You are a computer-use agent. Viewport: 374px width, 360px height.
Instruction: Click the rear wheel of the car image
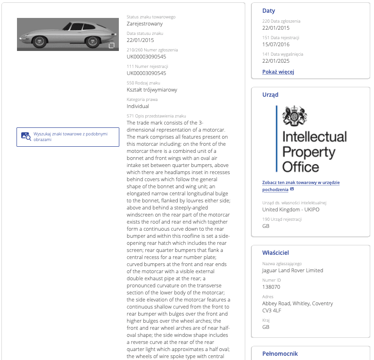coord(92,41)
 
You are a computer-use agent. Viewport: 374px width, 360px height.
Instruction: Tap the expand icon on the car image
coord(112,46)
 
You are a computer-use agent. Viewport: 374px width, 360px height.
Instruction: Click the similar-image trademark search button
coord(68,137)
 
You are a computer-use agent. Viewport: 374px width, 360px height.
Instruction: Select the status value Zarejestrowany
coord(145,24)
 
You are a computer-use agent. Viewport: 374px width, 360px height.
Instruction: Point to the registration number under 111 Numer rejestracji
coord(146,73)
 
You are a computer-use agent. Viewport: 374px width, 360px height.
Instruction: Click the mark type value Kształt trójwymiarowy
coord(152,90)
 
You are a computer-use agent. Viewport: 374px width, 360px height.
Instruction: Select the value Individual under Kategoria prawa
coord(138,106)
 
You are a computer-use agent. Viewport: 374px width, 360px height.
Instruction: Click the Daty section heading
coord(269,11)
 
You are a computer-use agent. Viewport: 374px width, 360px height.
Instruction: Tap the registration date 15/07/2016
coord(276,44)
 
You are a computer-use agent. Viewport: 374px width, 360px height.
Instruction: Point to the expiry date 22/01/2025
coord(276,61)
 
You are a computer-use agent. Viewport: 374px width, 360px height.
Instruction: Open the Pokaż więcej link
coord(278,72)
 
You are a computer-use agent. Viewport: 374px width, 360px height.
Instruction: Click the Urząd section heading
coord(270,94)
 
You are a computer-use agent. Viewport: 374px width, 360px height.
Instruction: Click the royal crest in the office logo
coord(294,116)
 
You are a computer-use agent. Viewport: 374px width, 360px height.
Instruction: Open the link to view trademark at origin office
coord(301,186)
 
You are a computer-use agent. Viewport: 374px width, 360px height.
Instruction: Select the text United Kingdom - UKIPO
coord(291,209)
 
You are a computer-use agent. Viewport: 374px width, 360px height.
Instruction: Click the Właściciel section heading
coord(275,253)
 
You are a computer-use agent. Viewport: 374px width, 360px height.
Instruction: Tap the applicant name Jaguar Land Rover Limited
coord(292,270)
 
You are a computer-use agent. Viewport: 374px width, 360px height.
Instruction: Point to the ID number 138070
coord(271,286)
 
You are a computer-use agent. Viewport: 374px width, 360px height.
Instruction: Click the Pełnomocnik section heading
coord(280,353)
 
